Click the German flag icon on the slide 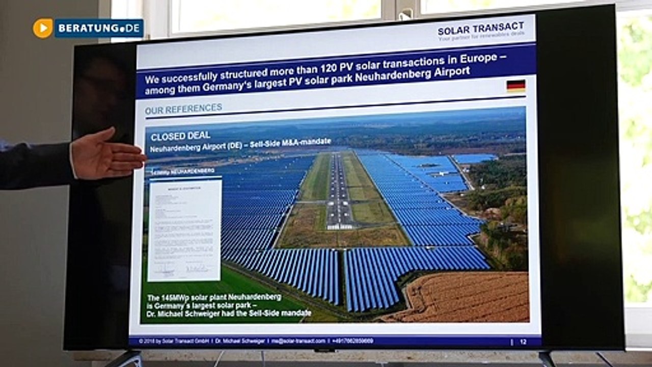[x=515, y=85]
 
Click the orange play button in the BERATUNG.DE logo [x=43, y=28]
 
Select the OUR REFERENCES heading [x=183, y=108]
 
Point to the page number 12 [x=523, y=342]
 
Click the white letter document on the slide [x=184, y=229]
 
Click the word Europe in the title [x=475, y=59]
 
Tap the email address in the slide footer [x=298, y=340]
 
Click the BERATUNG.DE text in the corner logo [x=99, y=28]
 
